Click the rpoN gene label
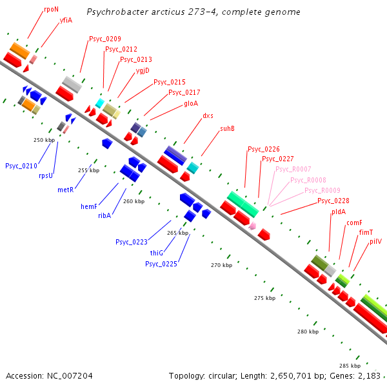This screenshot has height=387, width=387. coord(52,10)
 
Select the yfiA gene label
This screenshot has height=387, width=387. coord(66,20)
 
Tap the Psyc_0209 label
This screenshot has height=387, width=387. coord(105,39)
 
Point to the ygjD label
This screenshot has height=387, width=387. coord(143,71)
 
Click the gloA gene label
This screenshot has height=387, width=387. coord(191,104)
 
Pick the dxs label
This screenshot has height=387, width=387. coord(208,115)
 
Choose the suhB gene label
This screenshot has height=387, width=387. coord(227,128)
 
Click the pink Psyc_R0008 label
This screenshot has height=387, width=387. coord(308,180)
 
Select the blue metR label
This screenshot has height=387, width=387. coord(65,190)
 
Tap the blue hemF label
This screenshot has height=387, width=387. coord(89,206)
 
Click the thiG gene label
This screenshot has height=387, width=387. coord(157,253)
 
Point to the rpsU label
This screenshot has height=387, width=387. coord(46,175)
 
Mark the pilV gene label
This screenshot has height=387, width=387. coord(375,241)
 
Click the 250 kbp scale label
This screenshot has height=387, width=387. coord(44,140)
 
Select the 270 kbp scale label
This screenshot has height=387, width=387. coord(221,265)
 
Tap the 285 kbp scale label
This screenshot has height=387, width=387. coord(350,366)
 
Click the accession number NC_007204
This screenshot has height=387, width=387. coord(70,376)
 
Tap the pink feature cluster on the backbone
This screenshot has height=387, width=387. coord(252,226)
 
